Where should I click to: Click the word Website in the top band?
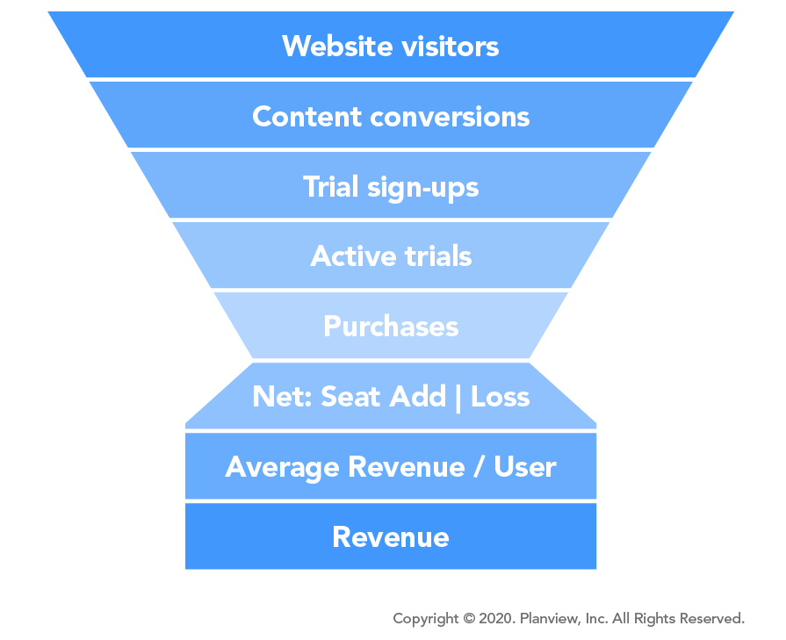tap(337, 47)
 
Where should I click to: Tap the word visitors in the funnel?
tap(451, 47)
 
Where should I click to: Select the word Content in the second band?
tap(306, 116)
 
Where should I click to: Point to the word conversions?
tap(450, 118)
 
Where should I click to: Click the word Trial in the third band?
tap(330, 186)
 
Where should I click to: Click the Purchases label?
tap(391, 327)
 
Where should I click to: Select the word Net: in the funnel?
tap(282, 397)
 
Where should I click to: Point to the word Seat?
tap(350, 397)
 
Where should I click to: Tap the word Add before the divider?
tap(417, 397)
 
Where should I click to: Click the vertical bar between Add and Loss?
tap(458, 399)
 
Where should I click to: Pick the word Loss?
tap(501, 397)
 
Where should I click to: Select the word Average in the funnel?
tap(282, 468)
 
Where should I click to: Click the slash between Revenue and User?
tap(479, 466)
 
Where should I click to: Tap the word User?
tap(525, 466)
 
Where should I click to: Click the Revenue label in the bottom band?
tap(391, 536)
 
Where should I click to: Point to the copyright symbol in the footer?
tap(469, 618)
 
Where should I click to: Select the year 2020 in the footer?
tap(496, 618)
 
